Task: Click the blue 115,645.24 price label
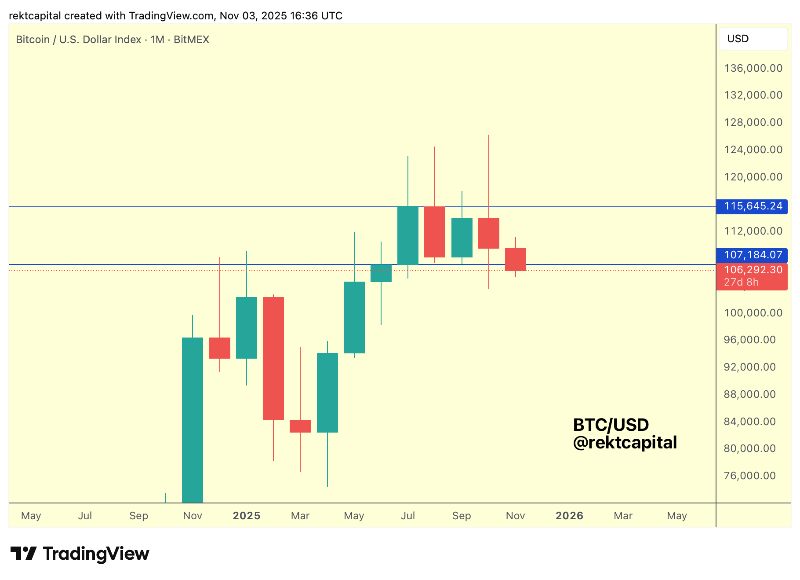click(x=753, y=206)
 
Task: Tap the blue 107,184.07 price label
click(x=753, y=255)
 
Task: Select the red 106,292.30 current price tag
click(x=753, y=270)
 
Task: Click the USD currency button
click(x=753, y=39)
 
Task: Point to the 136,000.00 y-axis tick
click(x=753, y=68)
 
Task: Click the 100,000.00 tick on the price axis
click(x=753, y=313)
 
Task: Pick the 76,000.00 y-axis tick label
click(x=749, y=476)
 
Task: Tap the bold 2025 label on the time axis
click(x=247, y=516)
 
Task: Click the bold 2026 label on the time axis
click(x=569, y=516)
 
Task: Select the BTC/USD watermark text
click(x=611, y=425)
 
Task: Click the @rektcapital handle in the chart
click(x=625, y=443)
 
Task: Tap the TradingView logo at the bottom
click(x=80, y=554)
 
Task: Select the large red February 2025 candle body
click(x=273, y=358)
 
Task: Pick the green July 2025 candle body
click(x=408, y=235)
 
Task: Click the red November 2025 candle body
click(x=516, y=260)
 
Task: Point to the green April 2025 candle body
click(x=327, y=393)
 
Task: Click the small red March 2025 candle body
click(x=300, y=426)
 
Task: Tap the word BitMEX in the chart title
click(x=191, y=40)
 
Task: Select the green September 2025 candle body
click(x=462, y=238)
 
